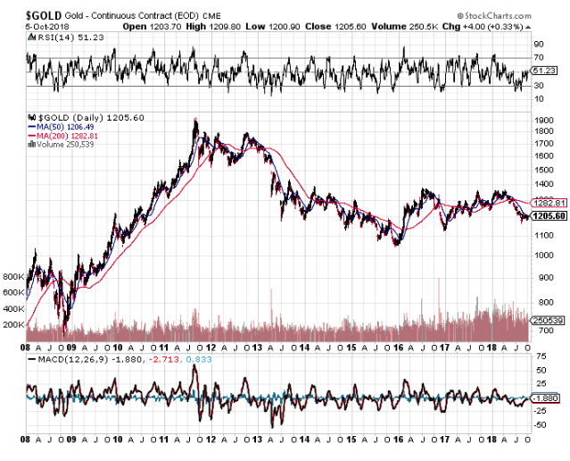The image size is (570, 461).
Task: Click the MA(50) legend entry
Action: (x=63, y=126)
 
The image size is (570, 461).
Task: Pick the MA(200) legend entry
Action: (x=66, y=135)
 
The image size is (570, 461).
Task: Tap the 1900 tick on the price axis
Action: (x=543, y=120)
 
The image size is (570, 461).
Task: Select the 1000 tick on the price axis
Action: (x=543, y=255)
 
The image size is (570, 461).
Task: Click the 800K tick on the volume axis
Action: (x=12, y=277)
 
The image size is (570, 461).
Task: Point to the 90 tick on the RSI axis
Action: (x=539, y=43)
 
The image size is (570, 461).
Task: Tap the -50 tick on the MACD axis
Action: (x=539, y=424)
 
